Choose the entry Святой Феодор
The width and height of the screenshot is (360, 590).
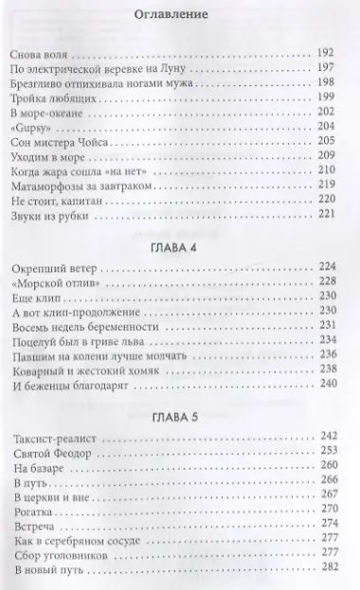point(59,455)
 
